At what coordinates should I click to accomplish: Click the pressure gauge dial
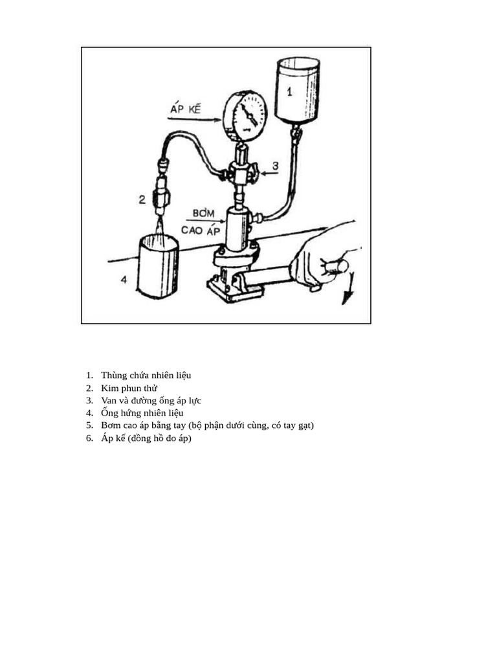pyautogui.click(x=245, y=115)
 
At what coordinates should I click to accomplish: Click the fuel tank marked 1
pyautogui.click(x=297, y=89)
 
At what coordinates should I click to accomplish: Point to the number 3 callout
pyautogui.click(x=274, y=166)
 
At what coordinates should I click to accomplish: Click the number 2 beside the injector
pyautogui.click(x=142, y=199)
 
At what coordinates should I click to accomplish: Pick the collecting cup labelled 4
pyautogui.click(x=159, y=267)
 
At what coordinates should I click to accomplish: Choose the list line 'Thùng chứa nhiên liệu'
pyautogui.click(x=146, y=375)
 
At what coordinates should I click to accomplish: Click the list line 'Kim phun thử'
pyautogui.click(x=129, y=388)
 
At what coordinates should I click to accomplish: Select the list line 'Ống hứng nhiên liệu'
pyautogui.click(x=142, y=412)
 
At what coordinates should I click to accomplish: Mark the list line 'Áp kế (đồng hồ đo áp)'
pyautogui.click(x=146, y=438)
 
